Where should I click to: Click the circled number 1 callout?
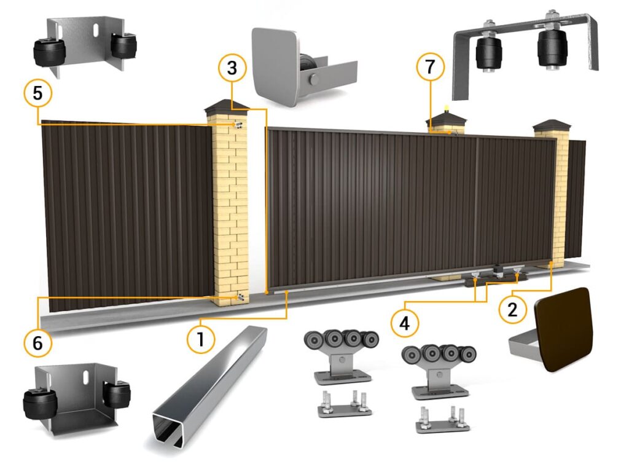pyautogui.click(x=201, y=339)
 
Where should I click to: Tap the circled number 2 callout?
pyautogui.click(x=512, y=310)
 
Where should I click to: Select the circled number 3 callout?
pyautogui.click(x=232, y=68)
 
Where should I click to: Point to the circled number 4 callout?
pyautogui.click(x=404, y=322)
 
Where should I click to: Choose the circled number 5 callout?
pyautogui.click(x=37, y=93)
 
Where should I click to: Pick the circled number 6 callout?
pyautogui.click(x=37, y=342)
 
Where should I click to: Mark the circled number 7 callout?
pyautogui.click(x=430, y=66)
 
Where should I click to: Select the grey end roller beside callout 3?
pyautogui.click(x=308, y=69)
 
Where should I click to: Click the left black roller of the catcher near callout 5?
pyautogui.click(x=44, y=52)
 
